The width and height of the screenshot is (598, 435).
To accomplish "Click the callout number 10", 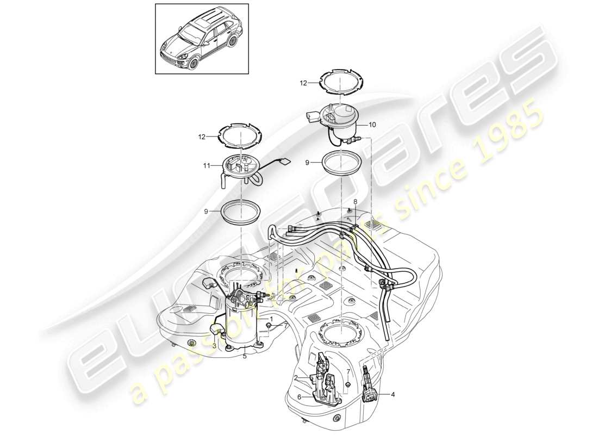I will pos(372,125).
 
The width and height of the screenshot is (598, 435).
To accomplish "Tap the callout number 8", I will pos(356,202).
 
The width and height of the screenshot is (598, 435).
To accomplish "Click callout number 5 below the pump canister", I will pos(245,357).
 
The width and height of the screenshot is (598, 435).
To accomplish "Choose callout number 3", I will pos(214,345).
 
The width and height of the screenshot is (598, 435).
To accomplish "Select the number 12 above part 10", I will pos(303,83).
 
